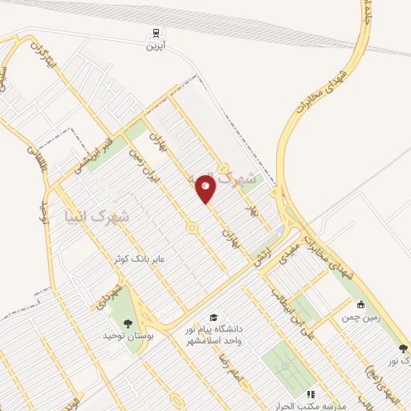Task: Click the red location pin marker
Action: pos(206,189)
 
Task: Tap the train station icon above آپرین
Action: pos(153,33)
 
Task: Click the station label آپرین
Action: pos(153,47)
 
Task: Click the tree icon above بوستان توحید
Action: pos(128,323)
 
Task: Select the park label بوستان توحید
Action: pos(128,337)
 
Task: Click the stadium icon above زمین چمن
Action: pos(360,304)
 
